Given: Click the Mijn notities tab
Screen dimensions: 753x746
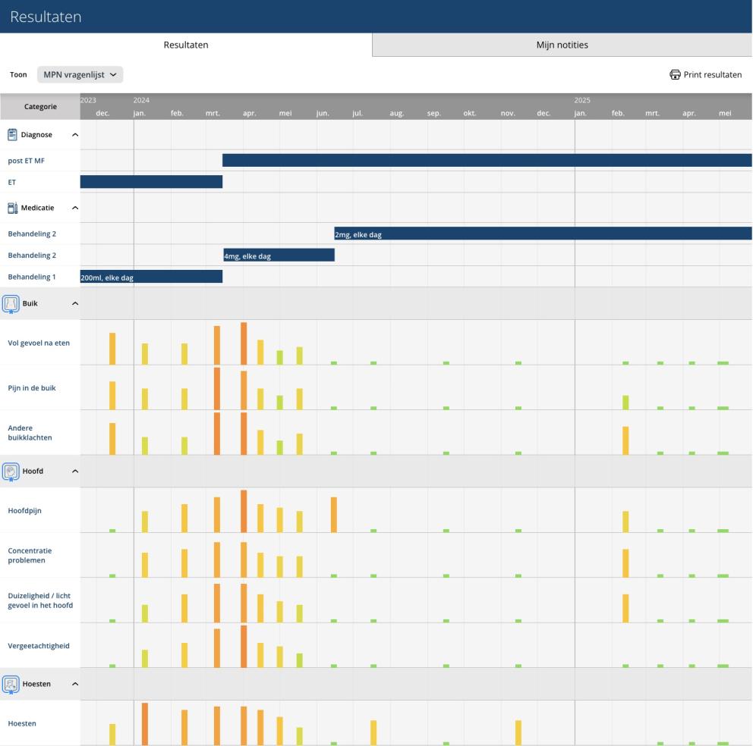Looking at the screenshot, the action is tap(562, 45).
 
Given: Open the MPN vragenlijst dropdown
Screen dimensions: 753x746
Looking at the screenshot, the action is tap(80, 74).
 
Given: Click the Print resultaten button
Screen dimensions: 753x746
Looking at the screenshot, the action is tap(705, 74).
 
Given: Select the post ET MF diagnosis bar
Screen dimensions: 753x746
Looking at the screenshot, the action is tap(487, 160).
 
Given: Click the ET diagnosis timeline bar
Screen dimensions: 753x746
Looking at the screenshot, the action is tap(151, 182).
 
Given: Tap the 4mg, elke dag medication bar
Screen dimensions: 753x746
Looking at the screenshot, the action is tap(279, 255).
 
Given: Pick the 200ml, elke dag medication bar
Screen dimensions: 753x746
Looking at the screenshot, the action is tap(151, 277).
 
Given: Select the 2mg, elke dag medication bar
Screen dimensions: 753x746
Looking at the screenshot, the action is tap(543, 234).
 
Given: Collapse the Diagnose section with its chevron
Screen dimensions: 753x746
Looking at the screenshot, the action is tap(75, 135).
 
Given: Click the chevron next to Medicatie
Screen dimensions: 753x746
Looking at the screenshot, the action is tap(75, 208).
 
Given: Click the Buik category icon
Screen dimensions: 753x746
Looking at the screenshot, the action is tap(11, 304).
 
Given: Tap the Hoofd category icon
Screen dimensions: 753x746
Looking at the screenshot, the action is tap(11, 472).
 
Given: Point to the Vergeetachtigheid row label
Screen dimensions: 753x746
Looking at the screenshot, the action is tap(39, 646).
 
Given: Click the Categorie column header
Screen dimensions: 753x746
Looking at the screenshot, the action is tap(40, 106).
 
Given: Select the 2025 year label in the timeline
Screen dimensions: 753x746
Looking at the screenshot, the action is tap(582, 100).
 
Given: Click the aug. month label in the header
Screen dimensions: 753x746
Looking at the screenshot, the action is tap(397, 113).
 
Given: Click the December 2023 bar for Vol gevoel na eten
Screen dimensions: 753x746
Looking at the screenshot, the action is tap(112, 349).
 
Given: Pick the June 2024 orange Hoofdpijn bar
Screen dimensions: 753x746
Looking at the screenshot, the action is tap(334, 515).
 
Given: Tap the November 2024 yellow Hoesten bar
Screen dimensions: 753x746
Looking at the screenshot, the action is tap(518, 732).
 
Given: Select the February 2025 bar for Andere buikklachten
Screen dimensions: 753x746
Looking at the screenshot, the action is tap(625, 440).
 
